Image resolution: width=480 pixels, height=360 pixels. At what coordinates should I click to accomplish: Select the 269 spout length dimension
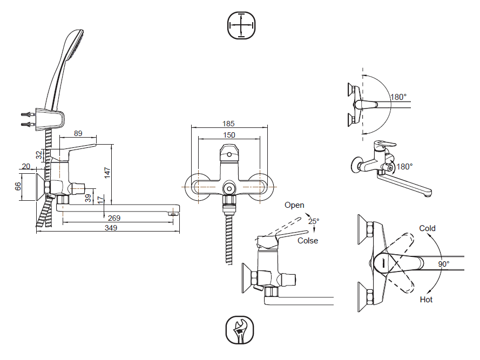coord(114,218)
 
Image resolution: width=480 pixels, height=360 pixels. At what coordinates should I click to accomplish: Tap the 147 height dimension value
coord(107,173)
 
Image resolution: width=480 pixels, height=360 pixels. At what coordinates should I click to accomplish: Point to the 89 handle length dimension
coord(78,133)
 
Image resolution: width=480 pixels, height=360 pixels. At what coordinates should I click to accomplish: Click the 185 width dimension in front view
coord(228,124)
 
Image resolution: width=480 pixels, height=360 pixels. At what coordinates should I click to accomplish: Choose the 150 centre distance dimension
coord(228,135)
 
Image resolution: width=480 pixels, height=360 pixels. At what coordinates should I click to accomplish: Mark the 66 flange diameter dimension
coord(18,186)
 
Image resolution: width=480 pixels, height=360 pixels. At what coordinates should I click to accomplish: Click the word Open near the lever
coord(294,205)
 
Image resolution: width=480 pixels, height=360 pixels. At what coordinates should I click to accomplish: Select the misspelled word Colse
coord(308,241)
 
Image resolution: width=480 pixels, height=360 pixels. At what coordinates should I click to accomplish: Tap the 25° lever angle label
coord(314,221)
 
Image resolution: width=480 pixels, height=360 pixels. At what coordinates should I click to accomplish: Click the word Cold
coord(427,228)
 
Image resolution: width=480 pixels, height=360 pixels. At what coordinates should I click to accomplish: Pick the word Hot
coord(426,300)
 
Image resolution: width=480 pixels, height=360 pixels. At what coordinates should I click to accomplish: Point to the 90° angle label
coord(444,264)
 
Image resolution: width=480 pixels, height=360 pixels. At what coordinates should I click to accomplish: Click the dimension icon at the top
coord(241,25)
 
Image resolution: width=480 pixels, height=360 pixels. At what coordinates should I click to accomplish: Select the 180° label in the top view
coord(398,97)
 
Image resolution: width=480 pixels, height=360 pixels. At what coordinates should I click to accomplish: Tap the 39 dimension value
coord(88,198)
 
